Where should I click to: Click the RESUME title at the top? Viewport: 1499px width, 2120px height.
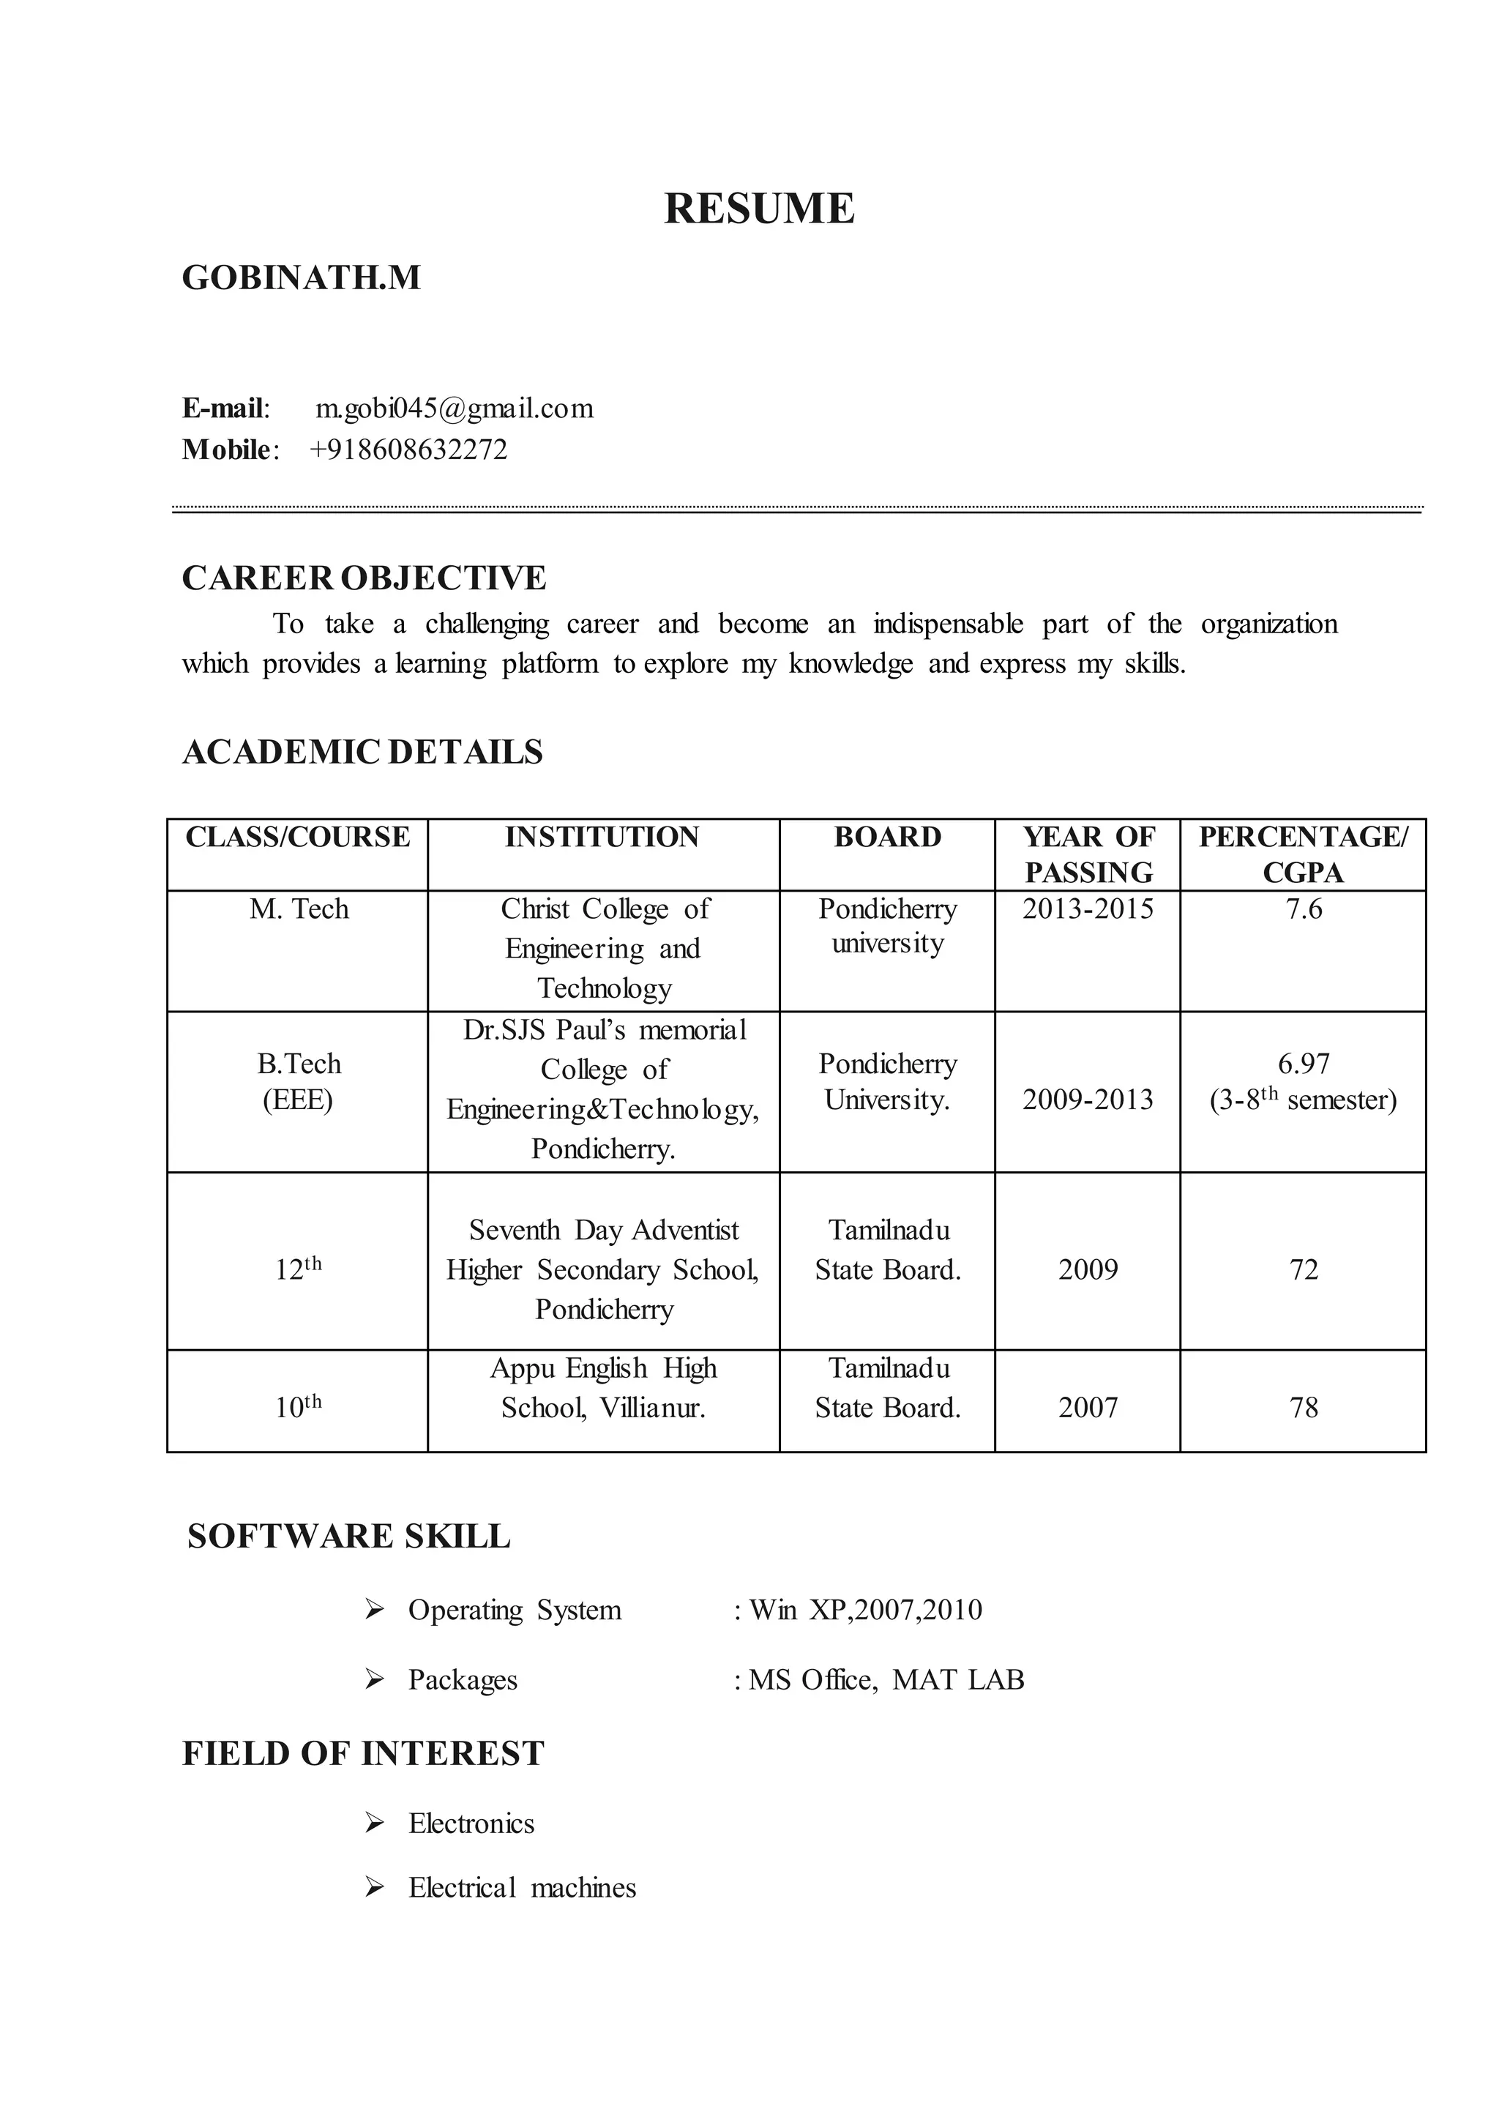759,209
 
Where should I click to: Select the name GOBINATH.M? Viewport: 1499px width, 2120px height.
301,278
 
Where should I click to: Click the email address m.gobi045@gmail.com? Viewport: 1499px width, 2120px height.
454,409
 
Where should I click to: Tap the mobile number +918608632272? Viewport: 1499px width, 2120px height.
409,449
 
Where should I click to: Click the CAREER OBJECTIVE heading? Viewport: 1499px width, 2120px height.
364,578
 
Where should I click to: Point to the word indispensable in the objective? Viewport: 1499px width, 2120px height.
948,624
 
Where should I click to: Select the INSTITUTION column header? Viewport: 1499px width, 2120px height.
602,837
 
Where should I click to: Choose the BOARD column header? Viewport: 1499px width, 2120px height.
887,837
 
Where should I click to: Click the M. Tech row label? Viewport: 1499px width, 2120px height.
299,909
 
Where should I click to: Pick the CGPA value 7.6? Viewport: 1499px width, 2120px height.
1304,909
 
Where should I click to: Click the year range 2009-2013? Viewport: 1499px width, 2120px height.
1088,1100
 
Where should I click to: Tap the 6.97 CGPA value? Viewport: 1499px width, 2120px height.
1304,1064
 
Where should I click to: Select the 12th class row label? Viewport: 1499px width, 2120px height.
298,1269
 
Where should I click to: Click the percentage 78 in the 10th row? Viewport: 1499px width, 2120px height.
1304,1408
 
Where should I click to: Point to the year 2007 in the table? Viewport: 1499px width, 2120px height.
1088,1408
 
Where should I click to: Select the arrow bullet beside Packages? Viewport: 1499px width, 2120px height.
374,1679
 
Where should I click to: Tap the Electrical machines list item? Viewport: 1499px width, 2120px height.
523,1888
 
